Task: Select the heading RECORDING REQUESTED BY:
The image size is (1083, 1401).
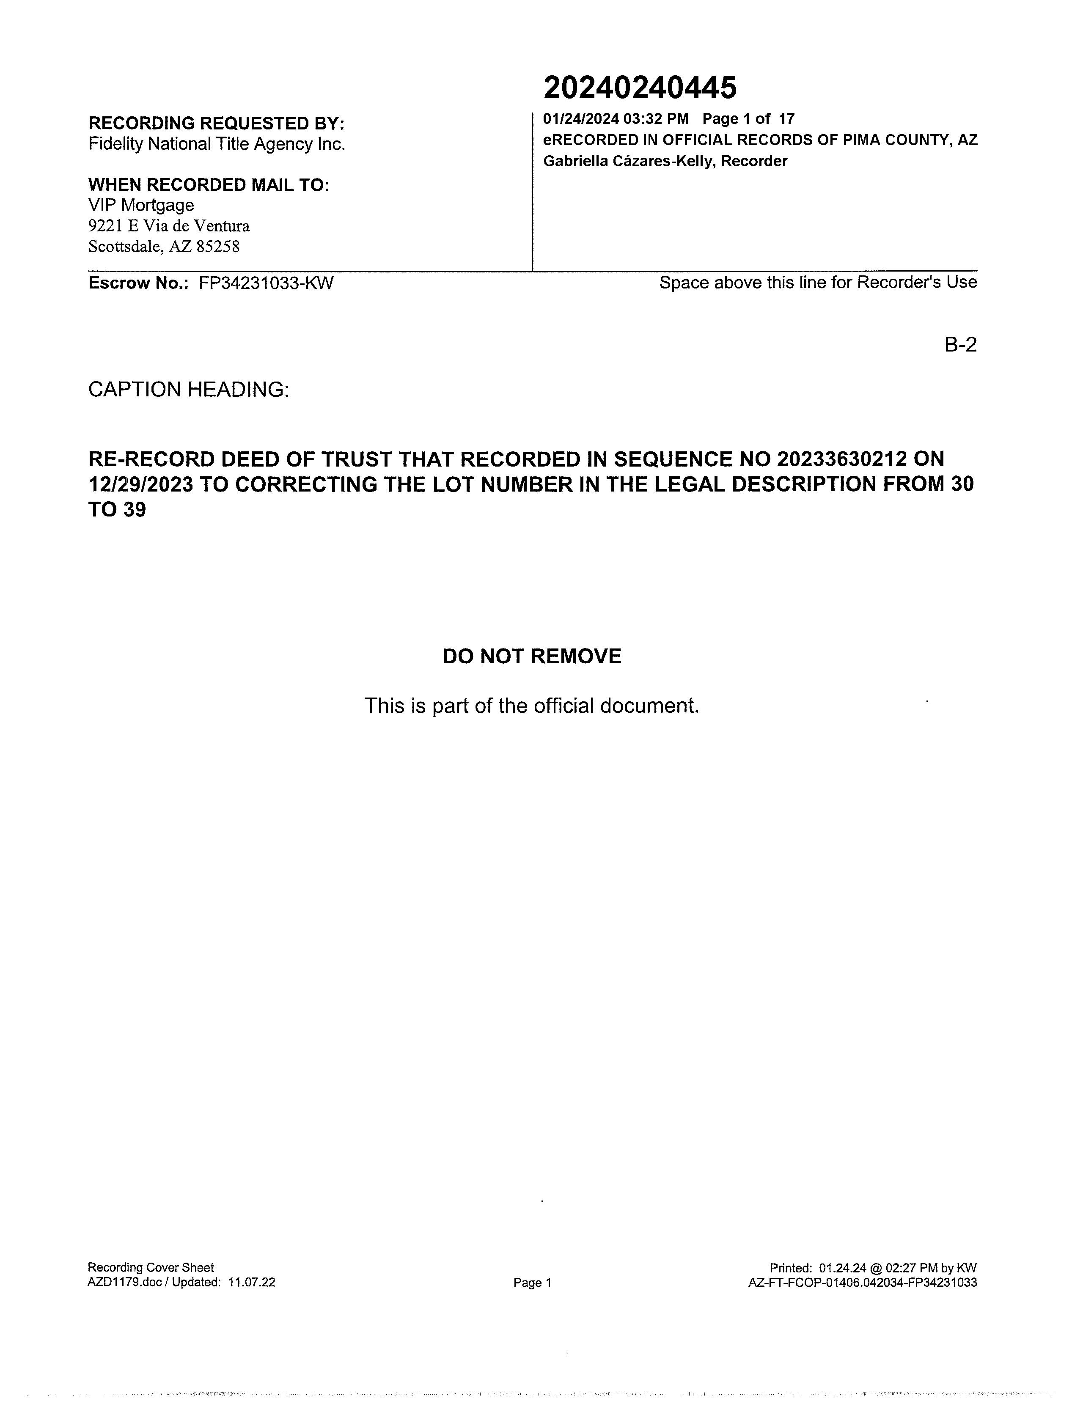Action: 216,123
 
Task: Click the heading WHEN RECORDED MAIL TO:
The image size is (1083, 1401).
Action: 209,185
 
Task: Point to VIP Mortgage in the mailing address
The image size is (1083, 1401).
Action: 141,205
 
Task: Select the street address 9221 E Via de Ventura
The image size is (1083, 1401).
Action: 169,226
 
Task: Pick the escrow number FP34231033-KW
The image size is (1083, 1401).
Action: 266,283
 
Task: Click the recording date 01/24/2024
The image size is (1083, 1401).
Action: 581,119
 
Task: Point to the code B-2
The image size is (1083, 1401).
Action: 960,345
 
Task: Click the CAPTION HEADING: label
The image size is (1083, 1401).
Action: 189,390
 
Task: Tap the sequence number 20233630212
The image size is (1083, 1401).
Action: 842,459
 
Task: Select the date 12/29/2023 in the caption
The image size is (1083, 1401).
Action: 140,484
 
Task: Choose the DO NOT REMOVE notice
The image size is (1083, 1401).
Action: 532,656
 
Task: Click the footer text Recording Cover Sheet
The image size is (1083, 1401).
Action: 151,1268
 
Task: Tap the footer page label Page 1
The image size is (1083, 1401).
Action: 532,1283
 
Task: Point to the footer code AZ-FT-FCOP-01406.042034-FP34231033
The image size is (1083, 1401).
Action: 862,1283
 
